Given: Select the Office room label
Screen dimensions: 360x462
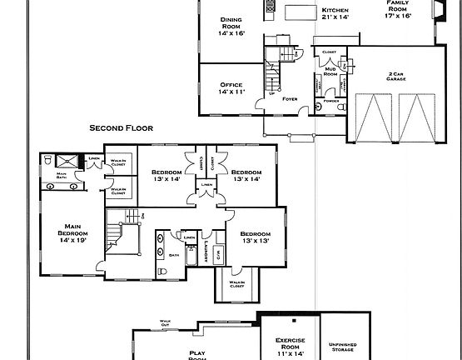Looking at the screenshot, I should tap(231, 88).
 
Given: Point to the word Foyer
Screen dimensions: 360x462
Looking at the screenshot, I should tap(289, 99).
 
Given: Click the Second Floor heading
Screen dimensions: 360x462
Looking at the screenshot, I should tap(124, 128).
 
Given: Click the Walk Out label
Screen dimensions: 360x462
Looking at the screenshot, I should tap(165, 321).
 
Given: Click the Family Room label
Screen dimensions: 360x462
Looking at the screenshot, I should tap(399, 7).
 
